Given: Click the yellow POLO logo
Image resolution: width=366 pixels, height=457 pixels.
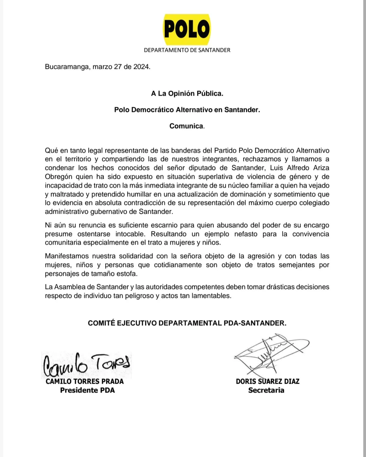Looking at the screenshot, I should (x=187, y=29).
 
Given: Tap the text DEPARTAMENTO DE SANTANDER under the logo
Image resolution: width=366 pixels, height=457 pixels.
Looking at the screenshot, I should (x=187, y=50).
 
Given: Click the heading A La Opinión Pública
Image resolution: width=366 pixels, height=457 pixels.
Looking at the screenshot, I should (x=187, y=94).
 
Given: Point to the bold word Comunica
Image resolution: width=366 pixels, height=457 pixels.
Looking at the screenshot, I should (x=187, y=126).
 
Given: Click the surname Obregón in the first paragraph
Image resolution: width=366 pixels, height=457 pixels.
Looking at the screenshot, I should (x=58, y=177).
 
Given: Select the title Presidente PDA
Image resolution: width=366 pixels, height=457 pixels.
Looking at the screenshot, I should (x=87, y=391).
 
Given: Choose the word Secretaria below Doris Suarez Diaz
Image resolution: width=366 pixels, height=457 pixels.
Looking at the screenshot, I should (x=266, y=391).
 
